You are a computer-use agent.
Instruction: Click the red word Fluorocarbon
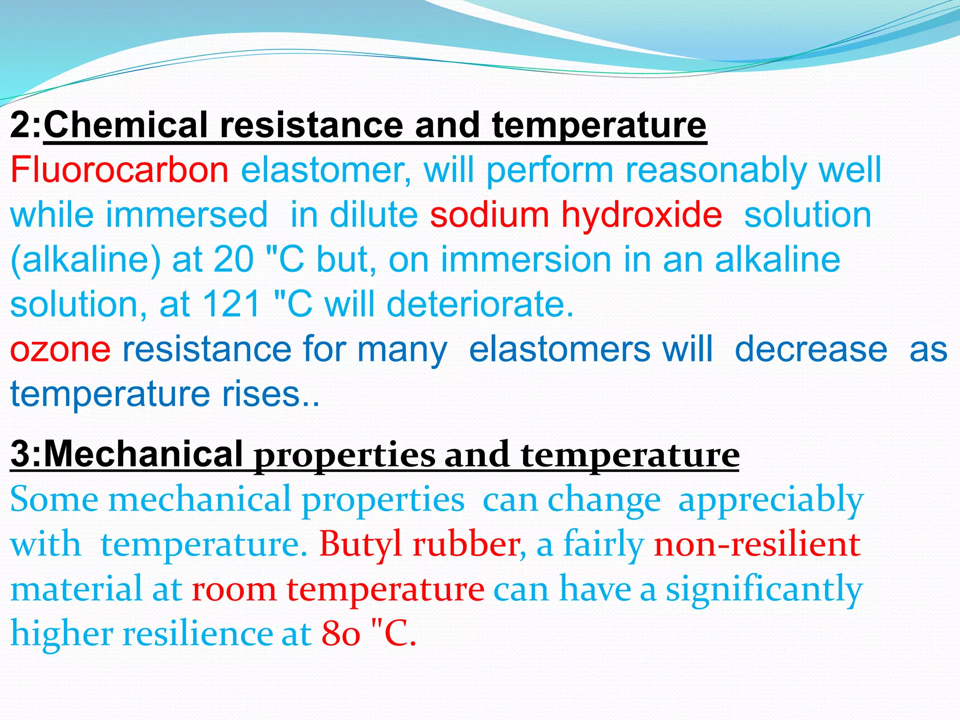(x=119, y=170)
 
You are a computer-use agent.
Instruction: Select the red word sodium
(x=489, y=215)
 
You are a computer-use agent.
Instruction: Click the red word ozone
(x=60, y=349)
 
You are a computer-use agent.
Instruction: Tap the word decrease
(x=811, y=349)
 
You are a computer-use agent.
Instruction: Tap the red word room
(x=234, y=589)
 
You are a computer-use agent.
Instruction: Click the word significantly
(x=764, y=590)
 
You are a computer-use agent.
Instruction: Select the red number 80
(x=341, y=634)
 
